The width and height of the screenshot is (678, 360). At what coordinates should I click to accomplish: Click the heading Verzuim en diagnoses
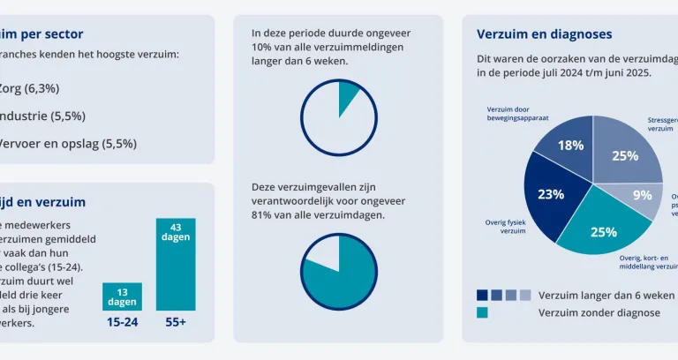tap(544, 34)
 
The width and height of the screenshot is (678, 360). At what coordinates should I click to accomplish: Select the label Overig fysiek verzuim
tap(505, 227)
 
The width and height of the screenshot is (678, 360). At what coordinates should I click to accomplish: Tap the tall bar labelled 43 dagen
tap(176, 264)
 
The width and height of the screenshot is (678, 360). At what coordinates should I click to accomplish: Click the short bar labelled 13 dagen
tap(122, 296)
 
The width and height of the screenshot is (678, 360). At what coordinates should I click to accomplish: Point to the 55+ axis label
tap(176, 323)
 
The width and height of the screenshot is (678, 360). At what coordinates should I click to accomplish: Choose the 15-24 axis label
tap(122, 323)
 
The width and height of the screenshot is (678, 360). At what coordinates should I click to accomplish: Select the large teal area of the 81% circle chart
tap(344, 265)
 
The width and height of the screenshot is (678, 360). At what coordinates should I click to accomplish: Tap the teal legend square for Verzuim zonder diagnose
tap(482, 312)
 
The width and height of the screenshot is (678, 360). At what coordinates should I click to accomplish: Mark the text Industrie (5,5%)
tap(43, 116)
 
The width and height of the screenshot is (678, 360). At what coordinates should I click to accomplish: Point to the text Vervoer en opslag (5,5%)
tap(67, 143)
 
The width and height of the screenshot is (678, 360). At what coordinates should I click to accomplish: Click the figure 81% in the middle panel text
tap(262, 214)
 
